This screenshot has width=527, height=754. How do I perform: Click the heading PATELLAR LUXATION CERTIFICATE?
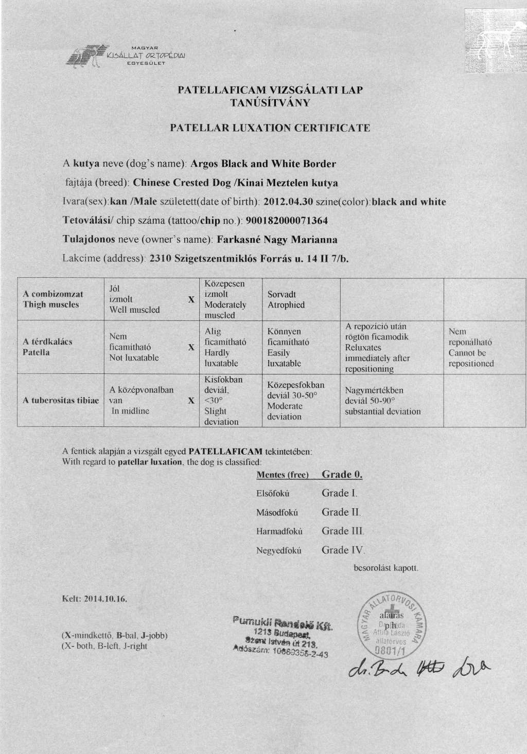point(270,128)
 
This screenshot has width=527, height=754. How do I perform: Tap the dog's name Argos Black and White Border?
point(263,164)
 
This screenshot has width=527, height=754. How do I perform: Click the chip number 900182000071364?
point(287,221)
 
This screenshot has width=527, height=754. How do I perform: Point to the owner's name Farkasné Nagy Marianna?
point(277,240)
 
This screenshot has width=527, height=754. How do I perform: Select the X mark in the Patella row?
point(191,347)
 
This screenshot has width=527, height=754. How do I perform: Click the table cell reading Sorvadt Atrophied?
point(286,299)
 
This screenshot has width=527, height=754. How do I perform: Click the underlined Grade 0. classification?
point(342,474)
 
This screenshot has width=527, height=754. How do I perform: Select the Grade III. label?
point(343,531)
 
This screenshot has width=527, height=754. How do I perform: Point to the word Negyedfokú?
point(278,550)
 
